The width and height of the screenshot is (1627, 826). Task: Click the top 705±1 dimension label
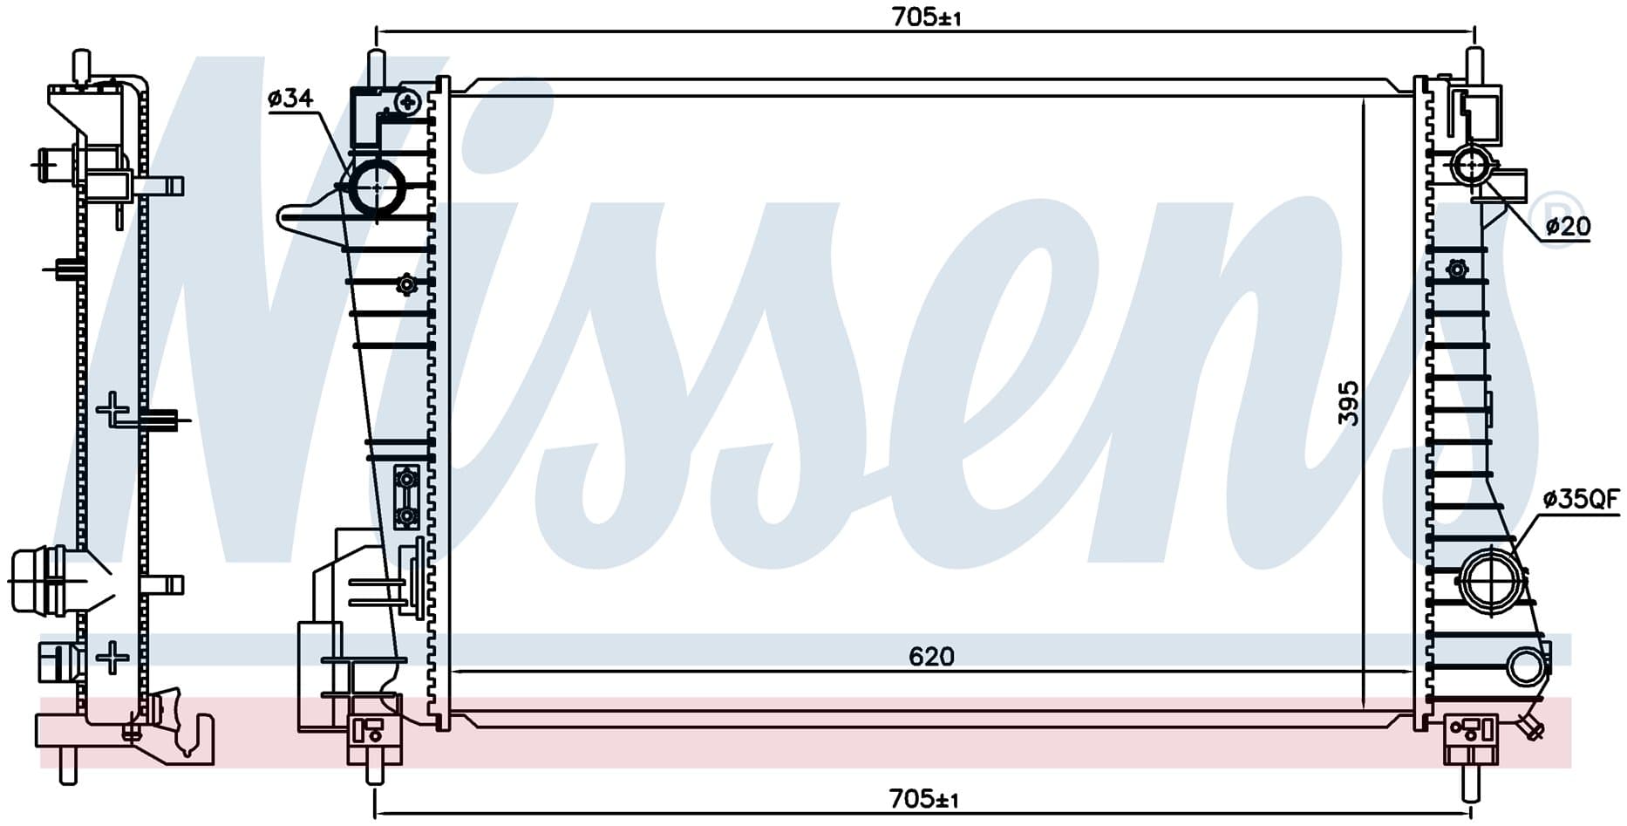point(926,17)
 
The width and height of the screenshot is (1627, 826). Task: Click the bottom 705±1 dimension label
point(923,798)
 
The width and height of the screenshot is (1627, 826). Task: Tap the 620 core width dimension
point(931,656)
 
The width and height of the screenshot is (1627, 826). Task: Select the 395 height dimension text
point(1348,402)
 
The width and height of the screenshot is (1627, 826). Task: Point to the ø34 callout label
point(290,99)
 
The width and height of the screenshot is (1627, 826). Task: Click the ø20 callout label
point(1568,227)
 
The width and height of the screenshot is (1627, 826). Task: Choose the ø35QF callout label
point(1581,499)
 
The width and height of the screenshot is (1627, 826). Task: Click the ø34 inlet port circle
point(377,188)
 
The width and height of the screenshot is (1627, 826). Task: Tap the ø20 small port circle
point(1473,165)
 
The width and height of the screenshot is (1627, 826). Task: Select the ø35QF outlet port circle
point(1491,579)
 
